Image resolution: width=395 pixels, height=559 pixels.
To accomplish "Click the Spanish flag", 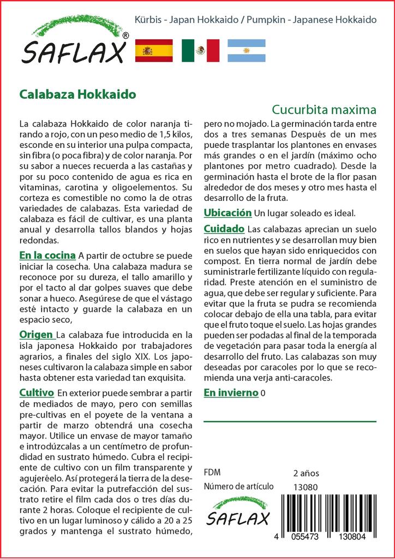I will [153, 51].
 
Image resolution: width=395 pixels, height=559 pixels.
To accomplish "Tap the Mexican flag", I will [200, 51].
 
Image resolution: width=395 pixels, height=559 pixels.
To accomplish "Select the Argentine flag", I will [246, 51].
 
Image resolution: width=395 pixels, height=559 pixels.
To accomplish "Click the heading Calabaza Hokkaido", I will [77, 94].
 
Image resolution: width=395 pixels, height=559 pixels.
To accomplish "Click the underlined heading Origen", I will [37, 334].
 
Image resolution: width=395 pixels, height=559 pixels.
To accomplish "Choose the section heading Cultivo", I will [36, 393].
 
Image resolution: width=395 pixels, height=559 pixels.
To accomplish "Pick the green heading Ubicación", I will [228, 212].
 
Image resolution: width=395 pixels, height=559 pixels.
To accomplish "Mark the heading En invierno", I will [231, 393].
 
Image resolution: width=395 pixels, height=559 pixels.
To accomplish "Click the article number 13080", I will [306, 487].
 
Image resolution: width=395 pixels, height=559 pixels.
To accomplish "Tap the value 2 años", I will [306, 473].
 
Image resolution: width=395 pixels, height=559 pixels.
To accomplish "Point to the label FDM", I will [212, 473].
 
